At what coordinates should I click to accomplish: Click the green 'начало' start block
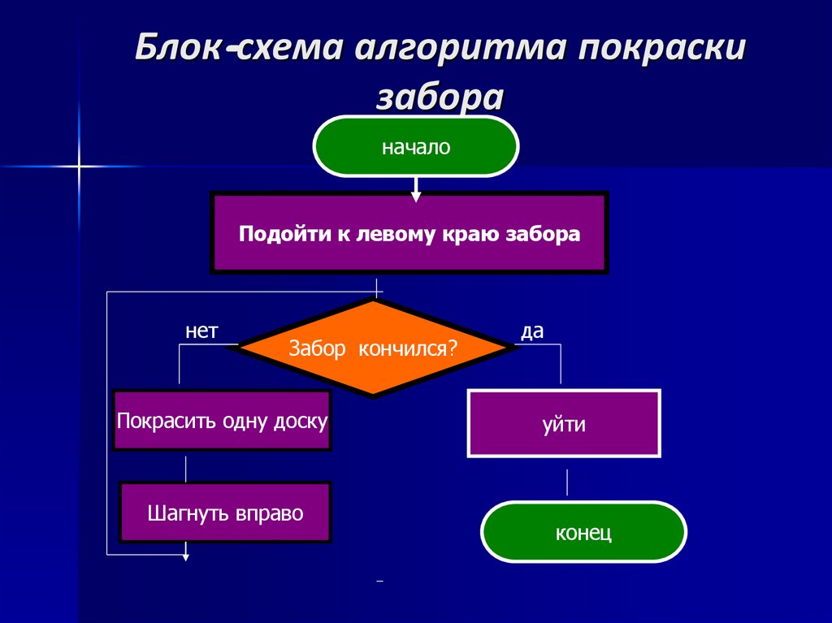[415, 147]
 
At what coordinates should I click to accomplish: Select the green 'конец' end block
[583, 533]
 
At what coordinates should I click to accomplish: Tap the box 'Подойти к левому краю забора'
[409, 234]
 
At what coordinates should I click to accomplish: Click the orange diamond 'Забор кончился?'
[374, 348]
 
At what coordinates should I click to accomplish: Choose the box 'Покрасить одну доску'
[222, 421]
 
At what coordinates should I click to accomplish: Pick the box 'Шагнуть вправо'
[225, 513]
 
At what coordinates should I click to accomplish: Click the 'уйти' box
[564, 424]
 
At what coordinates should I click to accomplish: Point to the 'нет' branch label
[201, 331]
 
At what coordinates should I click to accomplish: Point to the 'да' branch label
[532, 331]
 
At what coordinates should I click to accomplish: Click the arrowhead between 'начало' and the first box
[416, 196]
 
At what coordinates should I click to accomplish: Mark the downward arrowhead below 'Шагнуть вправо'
[186, 556]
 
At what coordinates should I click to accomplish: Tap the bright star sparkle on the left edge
[79, 167]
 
